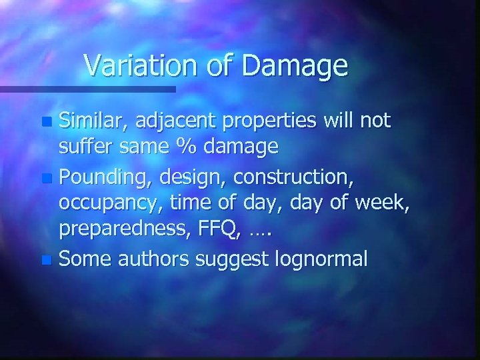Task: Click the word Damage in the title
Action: pyautogui.click(x=297, y=65)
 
